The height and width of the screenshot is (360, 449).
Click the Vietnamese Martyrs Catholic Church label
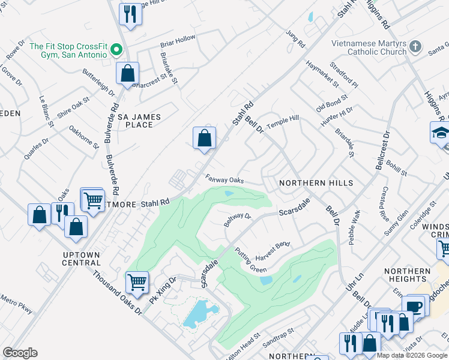point(369,48)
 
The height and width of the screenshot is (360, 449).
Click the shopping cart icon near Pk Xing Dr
point(137,281)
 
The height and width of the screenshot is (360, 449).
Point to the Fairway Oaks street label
point(224,179)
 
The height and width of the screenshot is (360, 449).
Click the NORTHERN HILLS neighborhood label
point(316,183)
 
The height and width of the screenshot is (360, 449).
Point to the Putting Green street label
point(250,260)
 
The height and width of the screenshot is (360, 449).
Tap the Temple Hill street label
point(282,120)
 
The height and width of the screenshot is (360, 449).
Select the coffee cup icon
point(415,306)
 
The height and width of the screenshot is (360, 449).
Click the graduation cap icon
point(440,133)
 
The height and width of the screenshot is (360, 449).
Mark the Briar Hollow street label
point(178,38)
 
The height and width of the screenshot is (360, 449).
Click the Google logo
point(20,353)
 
